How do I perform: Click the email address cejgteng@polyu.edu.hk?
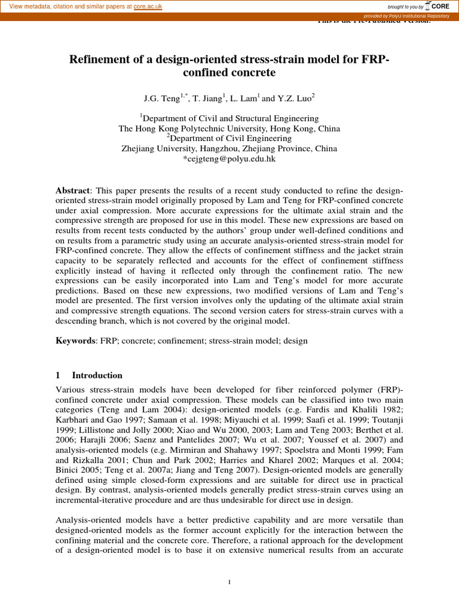point(229,159)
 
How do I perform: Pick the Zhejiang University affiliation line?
point(229,149)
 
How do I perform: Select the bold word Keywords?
point(75,341)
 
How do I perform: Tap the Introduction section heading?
point(97,375)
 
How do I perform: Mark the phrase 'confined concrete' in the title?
point(229,73)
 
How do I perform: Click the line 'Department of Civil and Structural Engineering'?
point(229,118)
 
